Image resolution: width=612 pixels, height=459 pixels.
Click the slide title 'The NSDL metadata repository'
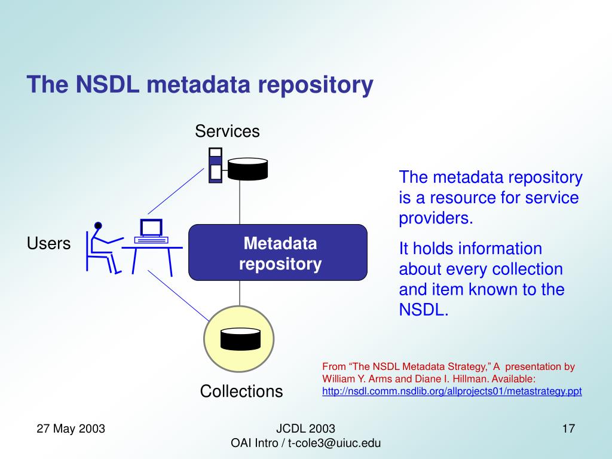click(x=200, y=85)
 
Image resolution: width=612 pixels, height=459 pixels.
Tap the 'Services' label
click(x=227, y=131)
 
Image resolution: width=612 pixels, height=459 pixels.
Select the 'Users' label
click(x=49, y=243)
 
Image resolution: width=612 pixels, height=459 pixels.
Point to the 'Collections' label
click(x=241, y=391)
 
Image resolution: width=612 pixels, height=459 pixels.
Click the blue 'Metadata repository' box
click(x=278, y=253)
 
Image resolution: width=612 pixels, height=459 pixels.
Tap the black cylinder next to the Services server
click(x=247, y=169)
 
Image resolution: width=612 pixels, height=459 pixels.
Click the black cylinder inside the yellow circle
click(x=240, y=339)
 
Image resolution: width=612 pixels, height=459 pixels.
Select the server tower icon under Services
click(x=215, y=165)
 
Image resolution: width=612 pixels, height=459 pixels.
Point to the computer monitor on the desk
click(x=151, y=228)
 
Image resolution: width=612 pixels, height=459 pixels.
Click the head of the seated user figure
click(x=98, y=225)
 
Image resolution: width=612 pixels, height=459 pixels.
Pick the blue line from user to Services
click(x=176, y=191)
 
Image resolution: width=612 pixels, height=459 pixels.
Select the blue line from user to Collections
click(x=178, y=295)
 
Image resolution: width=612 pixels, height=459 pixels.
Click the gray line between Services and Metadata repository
click(x=240, y=203)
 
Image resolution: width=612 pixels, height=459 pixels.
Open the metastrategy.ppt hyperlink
click(x=452, y=391)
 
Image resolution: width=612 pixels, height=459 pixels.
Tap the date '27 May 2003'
click(x=71, y=429)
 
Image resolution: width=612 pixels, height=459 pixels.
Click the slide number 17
click(x=568, y=429)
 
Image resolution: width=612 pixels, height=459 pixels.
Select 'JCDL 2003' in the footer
click(x=305, y=429)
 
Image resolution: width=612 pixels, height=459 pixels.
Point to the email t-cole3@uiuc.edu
click(x=334, y=443)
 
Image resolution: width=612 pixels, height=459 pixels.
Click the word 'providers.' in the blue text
click(x=436, y=218)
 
